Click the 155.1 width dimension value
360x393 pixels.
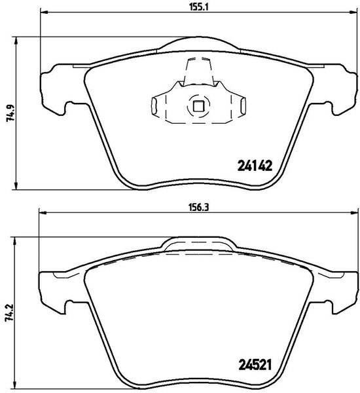point(199,7)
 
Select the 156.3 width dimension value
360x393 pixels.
point(199,208)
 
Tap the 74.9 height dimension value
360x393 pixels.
point(10,113)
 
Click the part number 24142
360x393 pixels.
point(255,166)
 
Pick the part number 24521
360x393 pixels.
point(255,365)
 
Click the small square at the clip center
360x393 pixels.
point(198,106)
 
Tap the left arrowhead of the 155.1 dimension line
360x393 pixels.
point(43,12)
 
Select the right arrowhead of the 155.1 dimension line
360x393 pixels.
point(353,12)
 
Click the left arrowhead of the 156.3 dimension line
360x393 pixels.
point(42,213)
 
